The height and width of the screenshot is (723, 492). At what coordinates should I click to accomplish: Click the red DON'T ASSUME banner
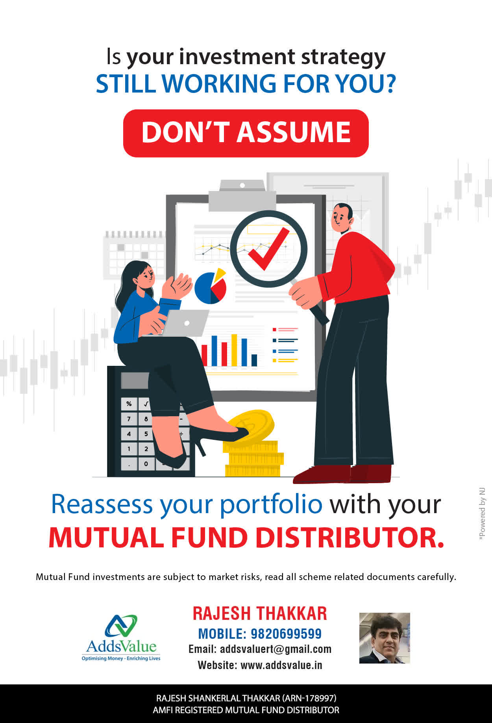[246, 133]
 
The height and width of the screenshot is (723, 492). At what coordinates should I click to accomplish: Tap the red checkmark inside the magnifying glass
[268, 249]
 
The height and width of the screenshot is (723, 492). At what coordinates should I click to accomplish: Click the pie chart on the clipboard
[211, 287]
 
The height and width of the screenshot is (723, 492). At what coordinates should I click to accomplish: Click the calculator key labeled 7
[129, 419]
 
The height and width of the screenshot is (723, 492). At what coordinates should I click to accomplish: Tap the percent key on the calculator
[129, 404]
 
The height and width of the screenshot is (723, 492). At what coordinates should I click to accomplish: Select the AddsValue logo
[121, 638]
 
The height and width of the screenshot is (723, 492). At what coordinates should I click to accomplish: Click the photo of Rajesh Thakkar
[385, 638]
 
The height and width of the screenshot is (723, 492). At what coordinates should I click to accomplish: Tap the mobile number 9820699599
[286, 634]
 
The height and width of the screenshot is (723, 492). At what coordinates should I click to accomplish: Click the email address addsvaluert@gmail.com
[276, 649]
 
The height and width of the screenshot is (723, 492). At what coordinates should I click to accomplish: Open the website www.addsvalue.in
[281, 665]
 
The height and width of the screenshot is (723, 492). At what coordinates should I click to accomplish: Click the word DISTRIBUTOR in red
[350, 538]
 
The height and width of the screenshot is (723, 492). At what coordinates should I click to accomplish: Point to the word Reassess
[102, 504]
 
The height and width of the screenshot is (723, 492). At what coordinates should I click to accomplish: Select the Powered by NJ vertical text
[482, 514]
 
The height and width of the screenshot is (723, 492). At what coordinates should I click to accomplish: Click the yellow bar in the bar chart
[234, 350]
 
